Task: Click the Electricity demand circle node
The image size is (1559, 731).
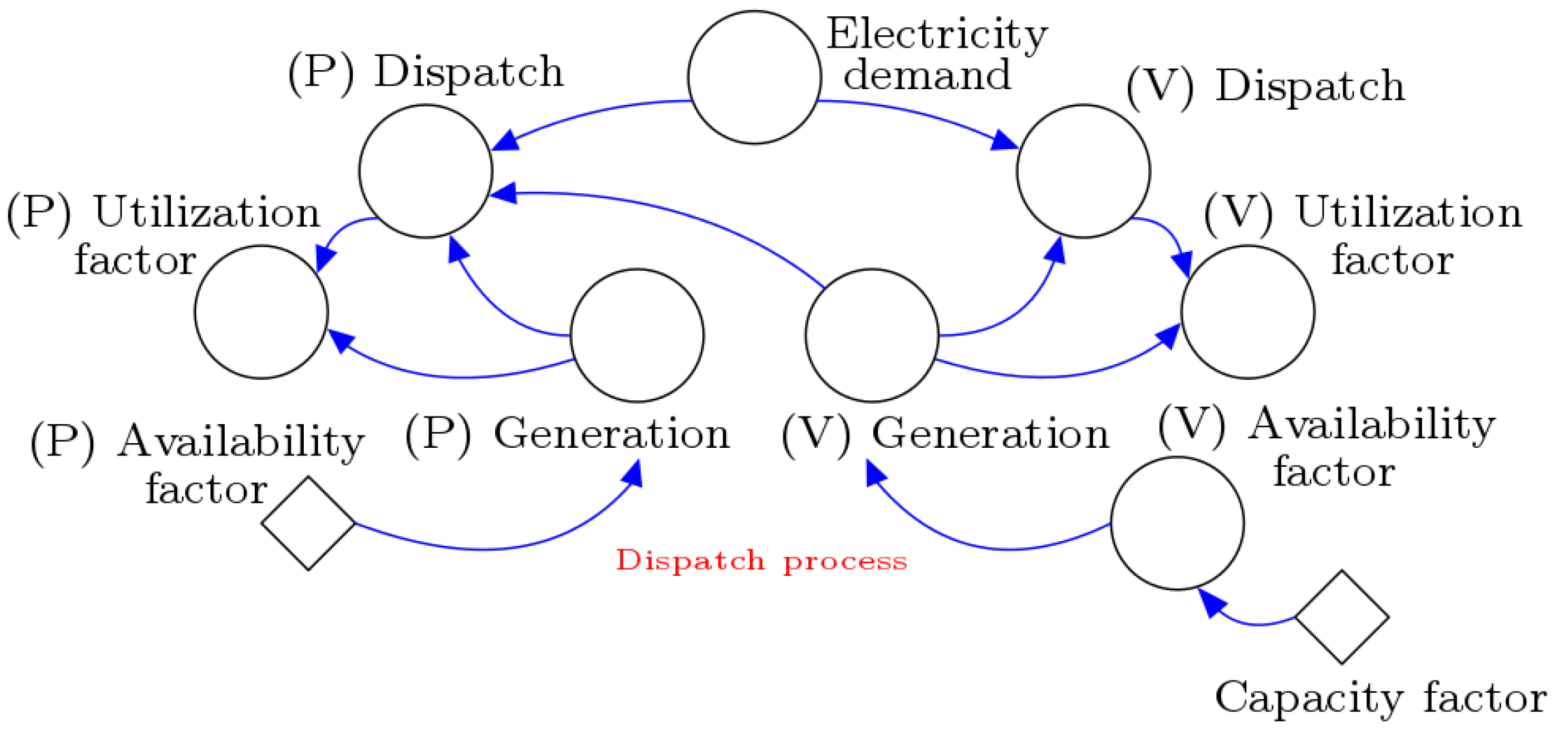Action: (754, 77)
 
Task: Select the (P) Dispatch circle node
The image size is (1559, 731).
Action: (426, 171)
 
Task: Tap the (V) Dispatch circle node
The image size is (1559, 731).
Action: (1083, 171)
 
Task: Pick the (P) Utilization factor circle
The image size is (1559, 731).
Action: (261, 312)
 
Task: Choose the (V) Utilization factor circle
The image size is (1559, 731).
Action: (1248, 312)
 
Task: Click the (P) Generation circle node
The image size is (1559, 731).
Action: (637, 336)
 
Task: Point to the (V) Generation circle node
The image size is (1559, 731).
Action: (872, 336)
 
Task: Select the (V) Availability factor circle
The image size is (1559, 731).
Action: (1177, 523)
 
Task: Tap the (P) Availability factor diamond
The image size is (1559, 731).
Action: (309, 523)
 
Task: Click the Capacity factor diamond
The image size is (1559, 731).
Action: (1342, 617)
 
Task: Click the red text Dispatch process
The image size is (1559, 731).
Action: (761, 561)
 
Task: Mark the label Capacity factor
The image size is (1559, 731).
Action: (1380, 698)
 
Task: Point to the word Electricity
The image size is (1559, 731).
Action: (936, 34)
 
